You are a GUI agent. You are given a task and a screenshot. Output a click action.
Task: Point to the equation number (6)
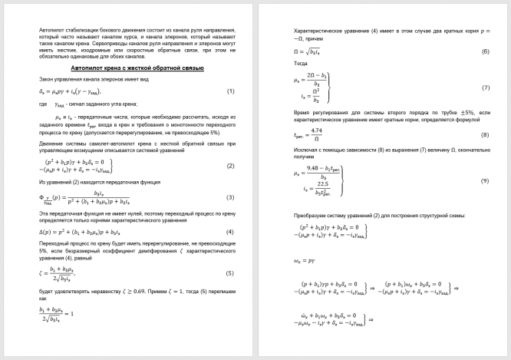pyautogui.click(x=486, y=52)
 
